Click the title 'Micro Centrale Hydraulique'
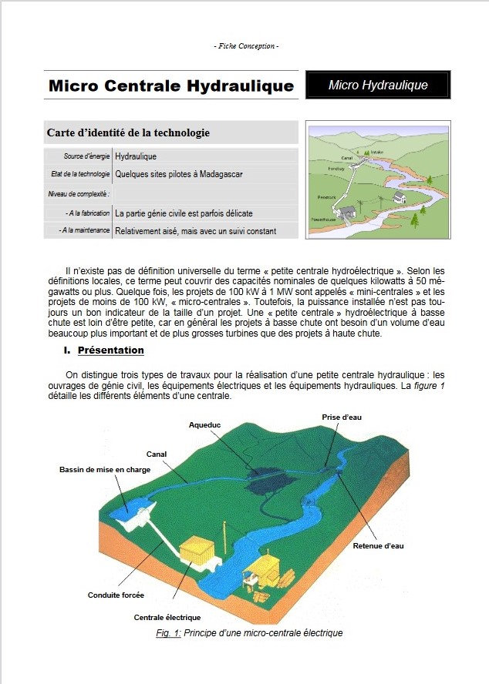(x=171, y=85)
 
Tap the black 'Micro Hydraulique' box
(x=378, y=85)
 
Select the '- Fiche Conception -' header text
(x=245, y=46)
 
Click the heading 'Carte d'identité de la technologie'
(x=128, y=132)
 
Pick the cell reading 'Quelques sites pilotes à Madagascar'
(x=179, y=174)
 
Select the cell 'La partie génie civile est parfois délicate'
(x=184, y=213)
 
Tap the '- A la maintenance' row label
(x=84, y=230)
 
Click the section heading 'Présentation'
(x=110, y=350)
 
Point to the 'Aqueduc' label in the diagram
(x=205, y=424)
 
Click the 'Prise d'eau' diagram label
(x=342, y=417)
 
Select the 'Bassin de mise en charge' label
(x=105, y=469)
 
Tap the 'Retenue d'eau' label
(x=378, y=545)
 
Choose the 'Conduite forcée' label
(x=116, y=595)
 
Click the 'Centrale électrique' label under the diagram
(x=167, y=617)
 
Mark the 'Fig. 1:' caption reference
(x=168, y=633)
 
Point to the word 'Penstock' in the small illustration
(x=327, y=197)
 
